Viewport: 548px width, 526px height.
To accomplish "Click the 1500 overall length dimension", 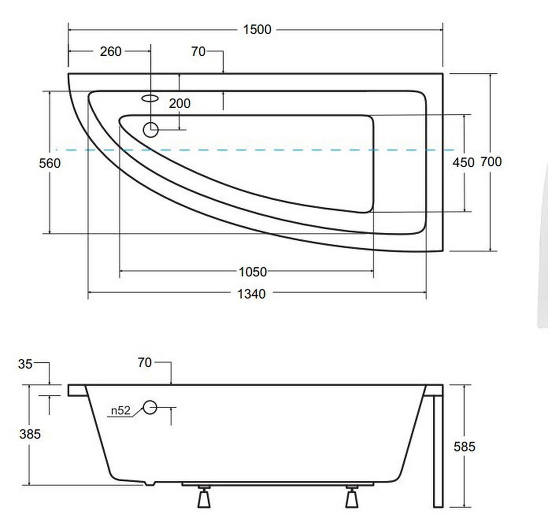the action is click(x=257, y=30).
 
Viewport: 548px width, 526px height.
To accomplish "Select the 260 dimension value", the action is click(x=111, y=52).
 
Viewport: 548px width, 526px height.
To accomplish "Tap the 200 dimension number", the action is click(x=179, y=103).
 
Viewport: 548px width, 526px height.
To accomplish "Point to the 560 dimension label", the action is click(x=50, y=163).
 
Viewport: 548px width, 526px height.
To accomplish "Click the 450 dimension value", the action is click(x=464, y=163).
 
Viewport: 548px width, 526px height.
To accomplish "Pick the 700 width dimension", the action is click(x=491, y=162).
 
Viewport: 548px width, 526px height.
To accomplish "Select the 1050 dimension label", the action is click(x=253, y=272).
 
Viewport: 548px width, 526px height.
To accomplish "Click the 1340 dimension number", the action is click(x=252, y=294).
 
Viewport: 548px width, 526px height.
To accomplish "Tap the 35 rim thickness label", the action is click(x=25, y=364).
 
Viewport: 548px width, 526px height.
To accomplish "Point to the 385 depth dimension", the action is click(x=30, y=434).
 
